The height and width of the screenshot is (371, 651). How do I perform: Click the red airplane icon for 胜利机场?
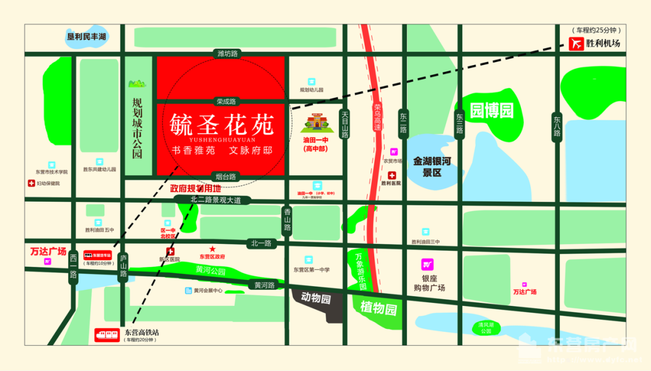point(576,44)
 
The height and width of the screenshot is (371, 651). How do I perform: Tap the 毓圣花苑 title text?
point(222,125)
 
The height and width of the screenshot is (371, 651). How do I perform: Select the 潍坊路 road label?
point(228,54)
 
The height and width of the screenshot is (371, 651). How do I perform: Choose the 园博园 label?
point(491,110)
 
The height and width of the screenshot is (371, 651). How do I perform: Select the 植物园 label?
point(379,310)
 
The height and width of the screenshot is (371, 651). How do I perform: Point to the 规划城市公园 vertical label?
point(137,129)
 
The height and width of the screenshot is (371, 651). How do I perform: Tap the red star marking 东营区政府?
point(212,248)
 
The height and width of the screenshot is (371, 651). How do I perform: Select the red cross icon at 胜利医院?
point(391,175)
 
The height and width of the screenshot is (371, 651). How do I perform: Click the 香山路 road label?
point(288,221)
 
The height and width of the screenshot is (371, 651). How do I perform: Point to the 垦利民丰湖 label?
point(86,37)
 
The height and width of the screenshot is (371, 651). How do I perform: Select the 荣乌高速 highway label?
point(377,118)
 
